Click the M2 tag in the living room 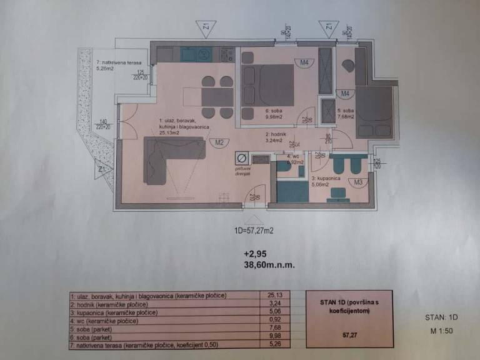(219, 142)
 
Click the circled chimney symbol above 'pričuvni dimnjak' (241, 159)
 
